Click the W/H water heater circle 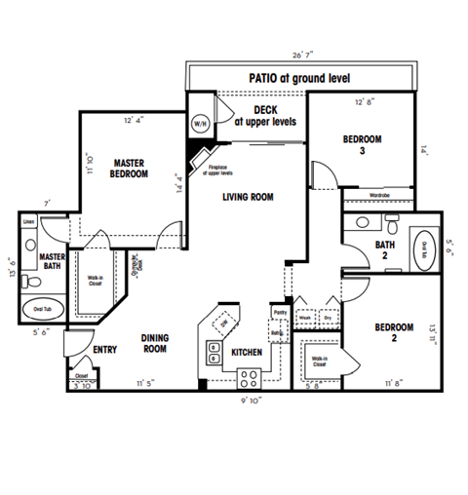[200, 124]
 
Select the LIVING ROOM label [248, 197]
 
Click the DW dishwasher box [222, 322]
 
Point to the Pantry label [279, 312]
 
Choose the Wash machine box [304, 317]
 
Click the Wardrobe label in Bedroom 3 [380, 195]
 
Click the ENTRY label [104, 349]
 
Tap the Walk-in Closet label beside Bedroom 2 [318, 362]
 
